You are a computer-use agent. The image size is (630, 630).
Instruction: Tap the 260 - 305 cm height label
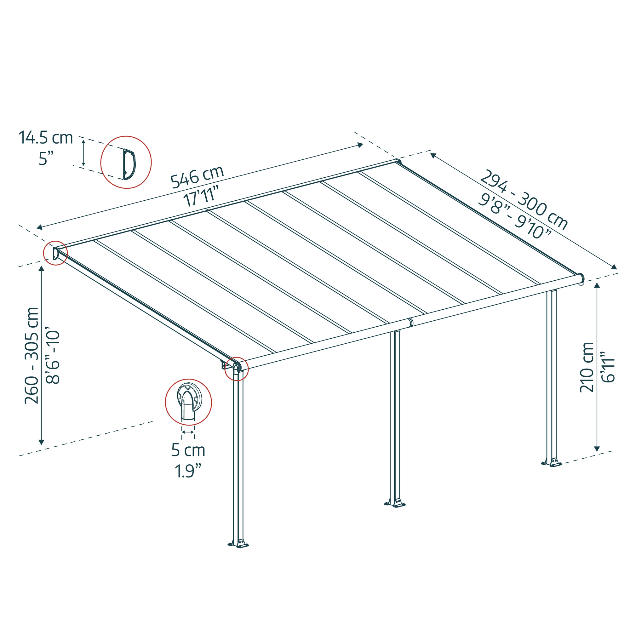click(x=32, y=355)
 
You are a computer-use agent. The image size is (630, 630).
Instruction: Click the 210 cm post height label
click(x=587, y=367)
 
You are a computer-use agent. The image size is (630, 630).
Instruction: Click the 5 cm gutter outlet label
click(x=188, y=450)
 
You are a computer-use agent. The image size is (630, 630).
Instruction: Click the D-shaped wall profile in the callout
click(x=129, y=164)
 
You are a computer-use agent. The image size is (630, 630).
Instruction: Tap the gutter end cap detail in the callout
click(x=189, y=403)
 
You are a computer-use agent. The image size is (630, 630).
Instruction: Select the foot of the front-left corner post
click(x=238, y=544)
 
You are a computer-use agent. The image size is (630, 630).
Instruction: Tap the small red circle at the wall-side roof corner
click(x=55, y=253)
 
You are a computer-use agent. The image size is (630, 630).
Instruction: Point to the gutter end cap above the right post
click(x=581, y=278)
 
